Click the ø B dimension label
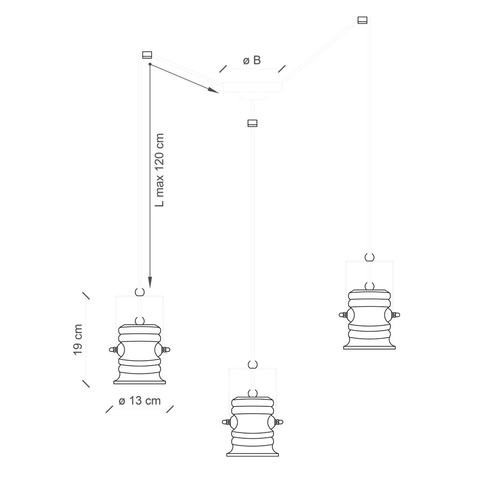click(252, 60)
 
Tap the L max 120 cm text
click(160, 170)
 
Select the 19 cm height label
click(78, 340)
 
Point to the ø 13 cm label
click(139, 401)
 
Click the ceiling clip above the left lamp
click(147, 55)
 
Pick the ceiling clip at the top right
click(363, 20)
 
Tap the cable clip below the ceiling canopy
click(252, 123)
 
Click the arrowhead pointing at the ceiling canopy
click(213, 90)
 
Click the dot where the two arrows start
click(150, 64)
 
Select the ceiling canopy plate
click(253, 87)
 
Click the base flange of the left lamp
click(140, 382)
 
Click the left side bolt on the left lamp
click(112, 349)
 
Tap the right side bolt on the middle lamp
click(280, 421)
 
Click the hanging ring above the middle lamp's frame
click(253, 364)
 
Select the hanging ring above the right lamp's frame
click(369, 257)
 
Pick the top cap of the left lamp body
click(140, 329)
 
